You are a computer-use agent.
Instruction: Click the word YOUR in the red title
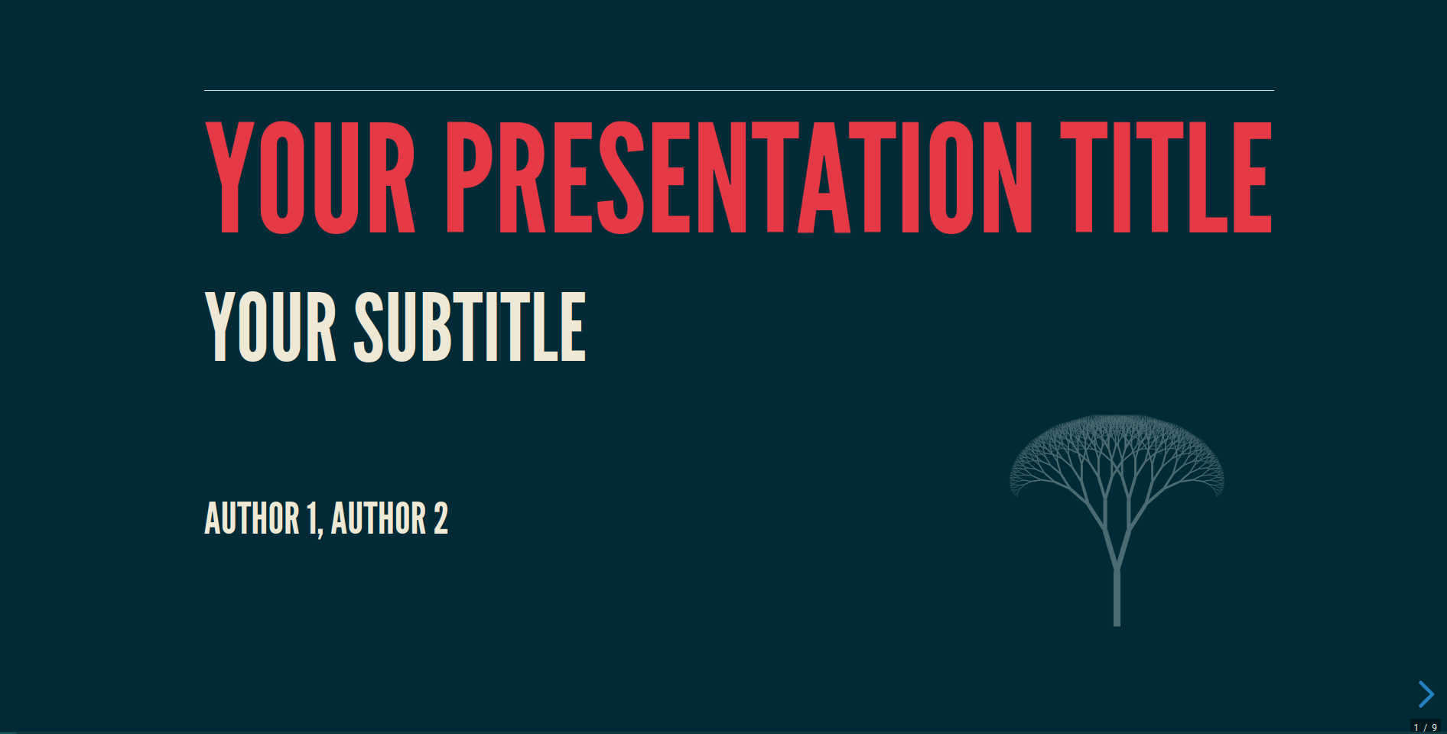(310, 177)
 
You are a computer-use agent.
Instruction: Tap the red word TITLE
(1166, 177)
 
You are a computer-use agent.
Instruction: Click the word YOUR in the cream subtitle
(271, 326)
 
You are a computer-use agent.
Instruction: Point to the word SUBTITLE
(470, 326)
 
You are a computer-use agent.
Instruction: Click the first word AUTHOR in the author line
(252, 518)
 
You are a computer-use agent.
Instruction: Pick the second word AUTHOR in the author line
(379, 518)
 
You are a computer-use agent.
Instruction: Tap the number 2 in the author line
(441, 518)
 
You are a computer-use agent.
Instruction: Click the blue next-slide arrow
(1426, 694)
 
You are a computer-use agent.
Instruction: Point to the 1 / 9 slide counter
(1425, 727)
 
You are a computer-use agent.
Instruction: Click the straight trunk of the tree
(1117, 598)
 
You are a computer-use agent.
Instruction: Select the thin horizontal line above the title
(739, 90)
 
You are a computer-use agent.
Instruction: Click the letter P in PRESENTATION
(468, 177)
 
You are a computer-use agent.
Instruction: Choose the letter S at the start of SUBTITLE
(373, 326)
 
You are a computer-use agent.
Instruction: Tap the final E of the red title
(1251, 177)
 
